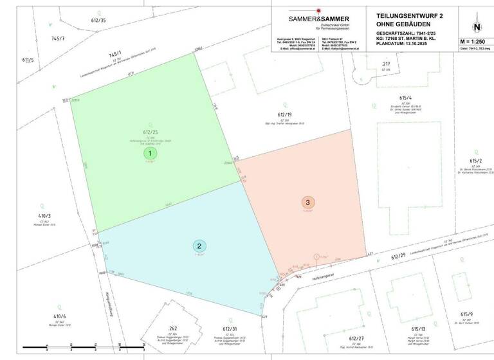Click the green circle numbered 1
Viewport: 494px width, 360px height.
(x=150, y=154)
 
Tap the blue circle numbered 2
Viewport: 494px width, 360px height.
(x=200, y=246)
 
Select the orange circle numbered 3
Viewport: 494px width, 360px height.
(x=308, y=203)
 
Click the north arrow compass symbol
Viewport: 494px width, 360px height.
(x=477, y=28)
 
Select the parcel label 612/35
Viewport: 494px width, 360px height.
(x=98, y=20)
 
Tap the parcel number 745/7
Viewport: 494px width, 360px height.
(x=58, y=39)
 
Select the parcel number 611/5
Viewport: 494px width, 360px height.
(x=28, y=60)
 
